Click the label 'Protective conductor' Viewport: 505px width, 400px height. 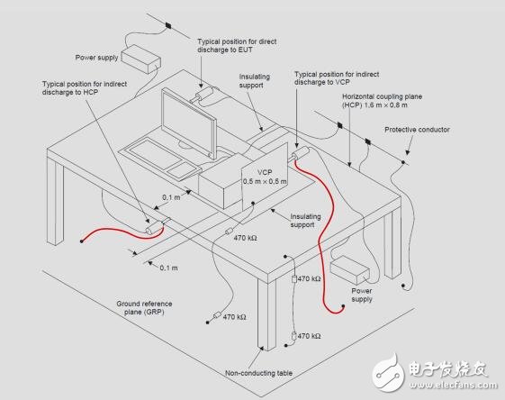point(417,130)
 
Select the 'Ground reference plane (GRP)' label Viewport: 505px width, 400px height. point(143,309)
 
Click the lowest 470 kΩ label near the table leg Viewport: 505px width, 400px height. point(309,335)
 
